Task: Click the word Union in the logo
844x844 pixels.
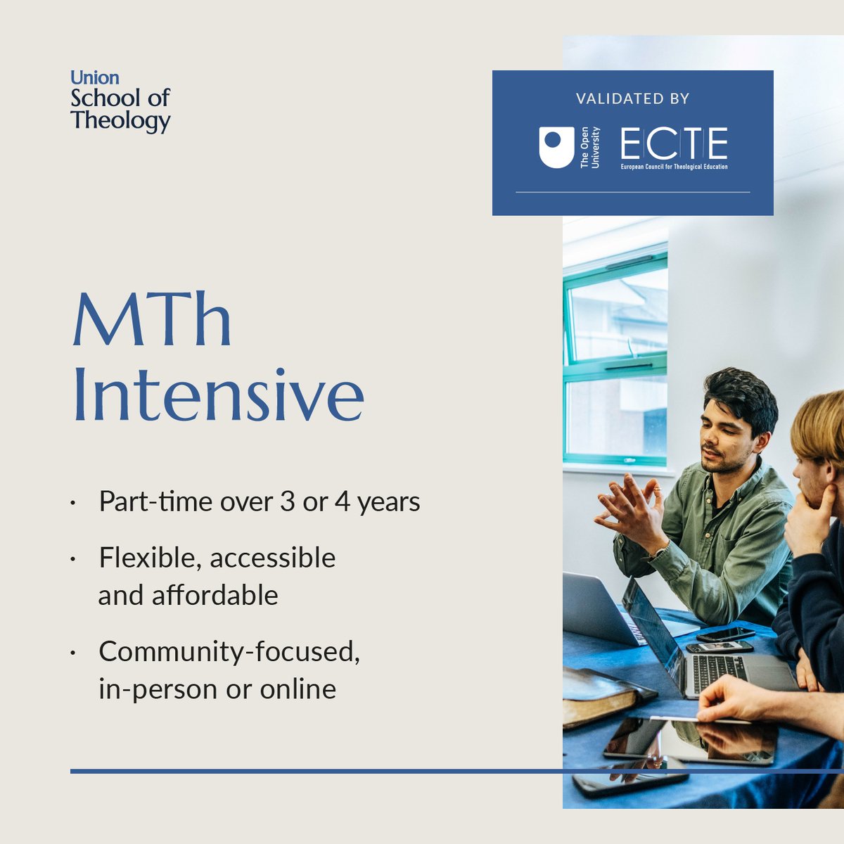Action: (x=95, y=77)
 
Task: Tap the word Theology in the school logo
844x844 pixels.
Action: (x=120, y=120)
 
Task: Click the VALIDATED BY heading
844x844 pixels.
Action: (x=632, y=98)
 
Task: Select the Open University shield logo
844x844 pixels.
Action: (x=556, y=147)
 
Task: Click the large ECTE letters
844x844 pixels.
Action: (x=674, y=144)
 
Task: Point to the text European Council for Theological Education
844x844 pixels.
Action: (x=674, y=167)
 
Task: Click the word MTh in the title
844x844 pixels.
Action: (x=152, y=320)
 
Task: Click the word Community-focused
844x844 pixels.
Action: (x=229, y=651)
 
